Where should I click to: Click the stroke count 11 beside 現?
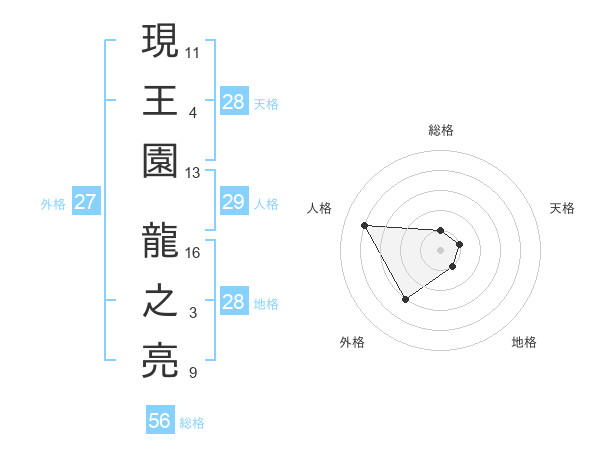pos(193,50)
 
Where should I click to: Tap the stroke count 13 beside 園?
pos(193,173)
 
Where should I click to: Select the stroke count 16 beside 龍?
pos(193,252)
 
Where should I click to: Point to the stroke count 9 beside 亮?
pos(192,374)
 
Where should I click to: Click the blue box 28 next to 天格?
pos(233,102)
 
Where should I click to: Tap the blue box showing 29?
pos(233,203)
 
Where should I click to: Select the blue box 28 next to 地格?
pos(233,303)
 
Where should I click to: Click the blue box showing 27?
pos(86,203)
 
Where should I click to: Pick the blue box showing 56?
pos(159,421)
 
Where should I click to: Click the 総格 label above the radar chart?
pos(440,131)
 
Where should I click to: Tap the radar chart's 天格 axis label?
pos(562,208)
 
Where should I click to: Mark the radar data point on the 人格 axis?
pos(364,225)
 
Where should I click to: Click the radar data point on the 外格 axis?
pos(405,299)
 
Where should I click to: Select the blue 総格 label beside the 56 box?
pos(192,423)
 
